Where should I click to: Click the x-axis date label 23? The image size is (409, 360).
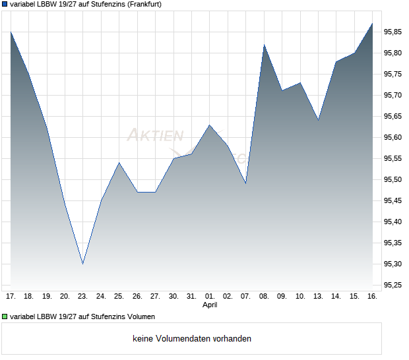tap(82, 297)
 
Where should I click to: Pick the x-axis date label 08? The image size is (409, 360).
tap(264, 297)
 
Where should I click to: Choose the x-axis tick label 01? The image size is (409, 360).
tap(209, 297)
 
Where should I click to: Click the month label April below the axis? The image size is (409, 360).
tap(209, 305)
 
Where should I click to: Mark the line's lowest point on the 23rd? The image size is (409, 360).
tap(82, 264)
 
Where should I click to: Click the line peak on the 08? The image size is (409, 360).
tap(264, 45)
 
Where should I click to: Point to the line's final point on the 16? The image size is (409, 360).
tap(372, 24)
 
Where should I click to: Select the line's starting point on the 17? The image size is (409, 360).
tap(11, 32)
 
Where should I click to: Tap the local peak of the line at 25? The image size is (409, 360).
tap(119, 162)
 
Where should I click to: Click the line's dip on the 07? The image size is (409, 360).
tap(245, 183)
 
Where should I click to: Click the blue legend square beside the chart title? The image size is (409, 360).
tap(5, 5)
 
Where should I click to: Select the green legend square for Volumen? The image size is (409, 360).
tap(5, 317)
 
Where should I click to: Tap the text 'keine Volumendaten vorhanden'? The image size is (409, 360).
tap(192, 339)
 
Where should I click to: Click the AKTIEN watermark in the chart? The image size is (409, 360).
tap(154, 136)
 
